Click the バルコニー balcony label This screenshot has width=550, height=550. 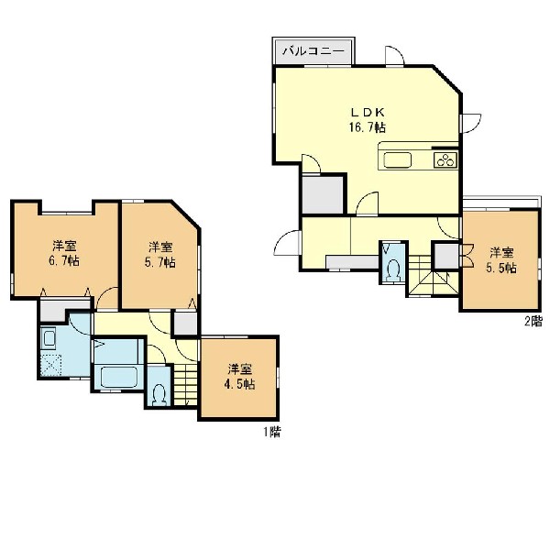313,51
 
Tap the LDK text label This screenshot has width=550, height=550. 368,113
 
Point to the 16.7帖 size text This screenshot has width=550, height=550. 368,127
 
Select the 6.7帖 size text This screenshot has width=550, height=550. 64,261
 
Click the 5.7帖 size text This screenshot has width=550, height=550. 160,262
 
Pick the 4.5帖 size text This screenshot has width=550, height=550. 239,384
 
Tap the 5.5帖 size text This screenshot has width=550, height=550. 501,269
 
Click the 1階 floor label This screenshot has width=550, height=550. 272,433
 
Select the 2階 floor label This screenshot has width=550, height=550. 533,322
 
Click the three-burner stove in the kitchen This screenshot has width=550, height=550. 445,160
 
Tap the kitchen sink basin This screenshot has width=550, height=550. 397,160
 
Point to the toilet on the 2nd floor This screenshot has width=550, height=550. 394,269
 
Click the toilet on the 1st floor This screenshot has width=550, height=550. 159,395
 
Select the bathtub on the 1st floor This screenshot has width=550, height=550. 118,377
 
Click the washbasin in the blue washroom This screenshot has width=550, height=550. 49,338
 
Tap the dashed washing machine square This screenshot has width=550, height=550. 51,365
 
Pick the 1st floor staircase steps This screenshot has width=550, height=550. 185,384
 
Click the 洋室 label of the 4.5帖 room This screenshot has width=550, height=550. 240,369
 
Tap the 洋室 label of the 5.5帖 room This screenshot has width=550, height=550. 501,253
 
